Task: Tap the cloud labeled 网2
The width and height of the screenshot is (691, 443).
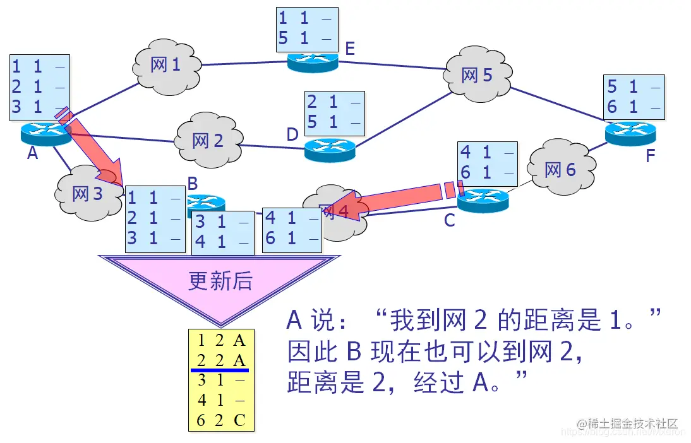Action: [208, 140]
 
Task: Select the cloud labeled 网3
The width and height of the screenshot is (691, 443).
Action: [88, 194]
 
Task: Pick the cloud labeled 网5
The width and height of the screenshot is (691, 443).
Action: [476, 76]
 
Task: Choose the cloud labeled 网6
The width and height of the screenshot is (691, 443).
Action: [560, 170]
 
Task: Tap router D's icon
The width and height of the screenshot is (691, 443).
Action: [330, 150]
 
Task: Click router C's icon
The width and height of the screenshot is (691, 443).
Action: [483, 201]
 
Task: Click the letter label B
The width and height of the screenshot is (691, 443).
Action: [193, 184]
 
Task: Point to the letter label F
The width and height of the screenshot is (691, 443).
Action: [650, 156]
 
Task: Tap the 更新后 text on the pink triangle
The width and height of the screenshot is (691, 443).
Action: [220, 281]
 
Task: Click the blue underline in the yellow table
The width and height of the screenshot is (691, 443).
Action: [220, 370]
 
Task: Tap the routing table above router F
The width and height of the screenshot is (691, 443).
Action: [635, 97]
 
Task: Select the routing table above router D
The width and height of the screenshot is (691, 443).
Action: [335, 113]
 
